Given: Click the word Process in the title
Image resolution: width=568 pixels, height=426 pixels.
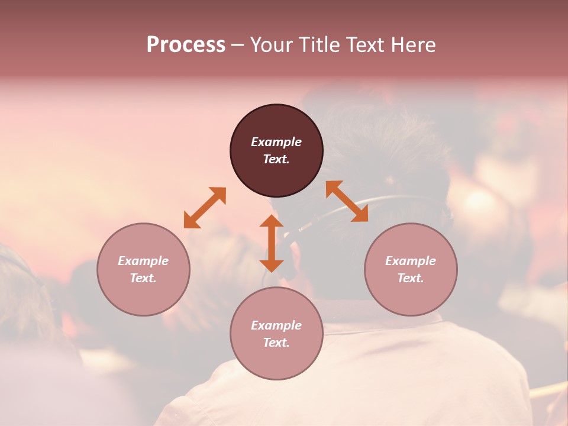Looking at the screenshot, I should point(186,45).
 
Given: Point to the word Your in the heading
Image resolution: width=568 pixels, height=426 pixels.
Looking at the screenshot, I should point(270,45).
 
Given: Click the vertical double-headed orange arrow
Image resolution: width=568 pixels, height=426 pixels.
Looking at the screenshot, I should point(272,243).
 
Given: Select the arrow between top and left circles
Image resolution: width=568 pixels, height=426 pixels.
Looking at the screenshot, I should point(205,207).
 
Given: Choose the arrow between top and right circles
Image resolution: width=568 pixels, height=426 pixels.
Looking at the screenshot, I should point(347,201).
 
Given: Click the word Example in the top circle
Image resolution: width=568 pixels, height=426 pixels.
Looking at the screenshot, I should point(276,142).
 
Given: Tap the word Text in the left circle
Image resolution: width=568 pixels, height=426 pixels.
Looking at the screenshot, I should point(143,278).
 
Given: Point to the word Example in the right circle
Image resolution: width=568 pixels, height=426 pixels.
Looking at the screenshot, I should point(411,261).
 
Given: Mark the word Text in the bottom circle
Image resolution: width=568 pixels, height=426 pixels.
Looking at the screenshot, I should point(276,343).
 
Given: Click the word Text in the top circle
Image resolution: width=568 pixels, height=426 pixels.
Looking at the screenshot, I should point(276,159).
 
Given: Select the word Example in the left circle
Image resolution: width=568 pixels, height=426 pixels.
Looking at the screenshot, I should point(143,261).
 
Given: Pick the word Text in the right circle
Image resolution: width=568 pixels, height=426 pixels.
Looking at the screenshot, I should point(411,278).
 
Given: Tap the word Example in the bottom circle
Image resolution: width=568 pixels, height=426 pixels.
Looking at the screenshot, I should point(276,325).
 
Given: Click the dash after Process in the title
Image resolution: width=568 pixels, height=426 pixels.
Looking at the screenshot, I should point(237,46).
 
